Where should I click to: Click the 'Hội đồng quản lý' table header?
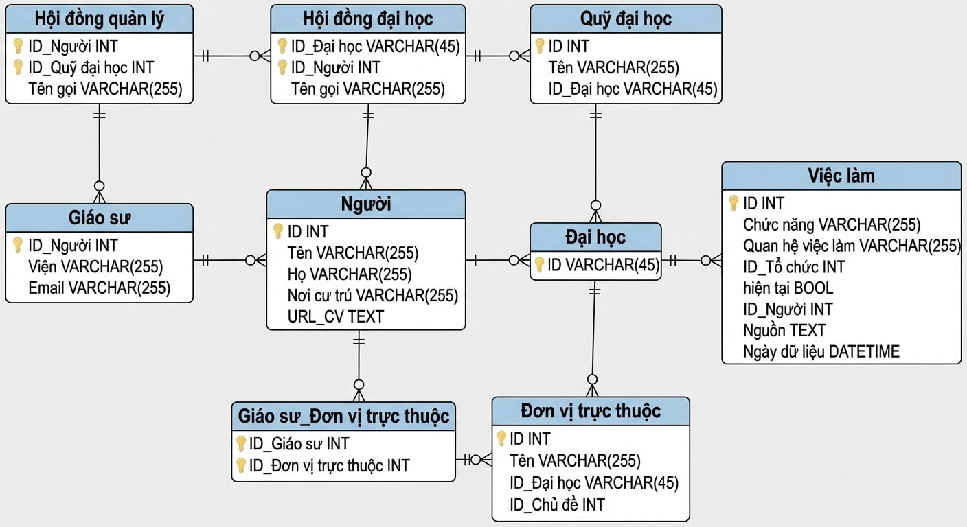[x=100, y=19]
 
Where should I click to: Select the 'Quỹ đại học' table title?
[x=626, y=19]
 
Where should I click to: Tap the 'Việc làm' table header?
[x=841, y=176]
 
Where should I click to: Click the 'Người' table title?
[x=365, y=204]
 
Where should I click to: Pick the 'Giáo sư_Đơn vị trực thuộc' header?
[x=343, y=416]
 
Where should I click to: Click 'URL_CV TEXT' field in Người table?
[x=335, y=317]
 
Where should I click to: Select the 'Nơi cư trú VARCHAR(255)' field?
[x=372, y=296]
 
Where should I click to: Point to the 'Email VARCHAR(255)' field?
[x=100, y=288]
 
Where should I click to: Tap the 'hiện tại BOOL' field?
[x=788, y=288]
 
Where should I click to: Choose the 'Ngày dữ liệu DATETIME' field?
[x=821, y=352]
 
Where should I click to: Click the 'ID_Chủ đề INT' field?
[x=557, y=504]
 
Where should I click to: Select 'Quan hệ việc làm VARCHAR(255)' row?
[x=852, y=246]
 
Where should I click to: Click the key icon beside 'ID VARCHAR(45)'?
[x=538, y=265]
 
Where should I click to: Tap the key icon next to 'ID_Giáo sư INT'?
[x=241, y=444]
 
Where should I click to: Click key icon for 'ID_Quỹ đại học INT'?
[x=18, y=67]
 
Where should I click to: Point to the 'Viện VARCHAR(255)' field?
[x=95, y=267]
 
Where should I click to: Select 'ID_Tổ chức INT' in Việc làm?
[x=794, y=267]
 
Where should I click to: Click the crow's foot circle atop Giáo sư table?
[x=100, y=186]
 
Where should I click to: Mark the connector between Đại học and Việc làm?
[x=691, y=261]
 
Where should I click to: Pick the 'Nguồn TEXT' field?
[x=784, y=331]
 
